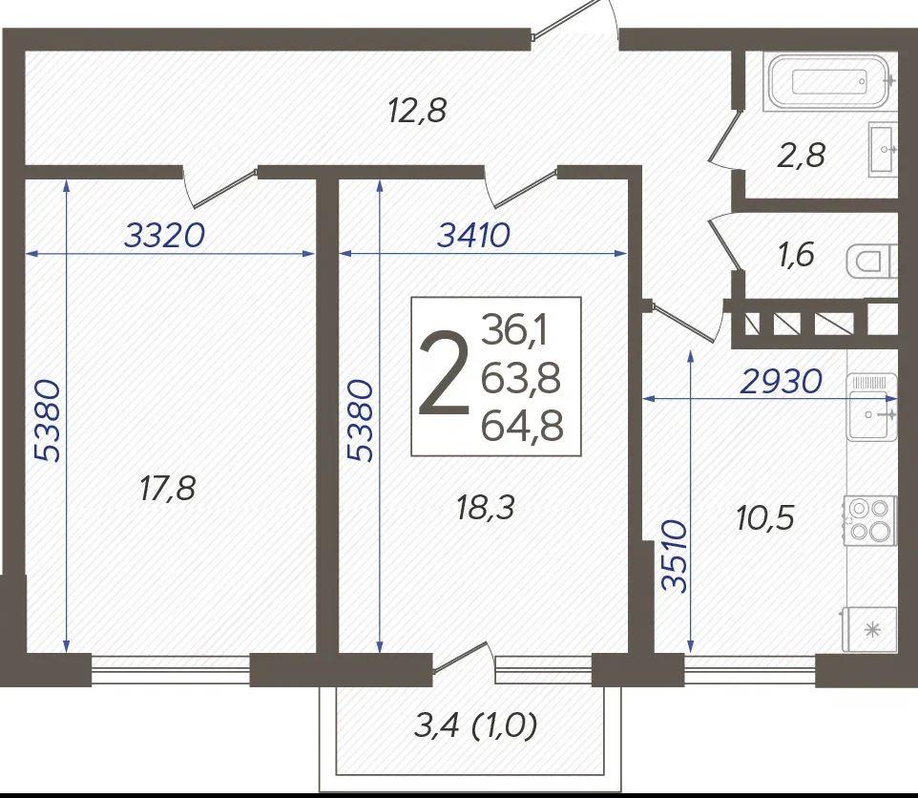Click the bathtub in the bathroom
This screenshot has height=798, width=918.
(829, 81)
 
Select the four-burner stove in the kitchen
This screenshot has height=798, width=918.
(870, 520)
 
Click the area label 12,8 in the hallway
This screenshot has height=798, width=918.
(417, 110)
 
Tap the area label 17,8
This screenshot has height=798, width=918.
(167, 488)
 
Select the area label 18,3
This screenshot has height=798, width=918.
(485, 507)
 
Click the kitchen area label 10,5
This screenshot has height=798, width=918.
(765, 517)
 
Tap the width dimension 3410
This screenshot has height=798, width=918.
(474, 236)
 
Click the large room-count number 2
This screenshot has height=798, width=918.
(443, 373)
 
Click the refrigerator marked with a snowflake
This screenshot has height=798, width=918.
(870, 629)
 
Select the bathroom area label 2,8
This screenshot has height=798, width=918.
(801, 156)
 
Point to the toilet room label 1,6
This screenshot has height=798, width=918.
(796, 255)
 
